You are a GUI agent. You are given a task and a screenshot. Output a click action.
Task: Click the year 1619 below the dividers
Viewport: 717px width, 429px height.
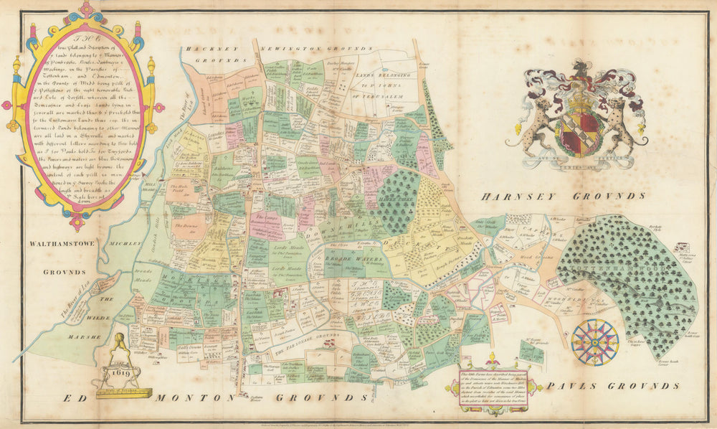pyautogui.click(x=120, y=373)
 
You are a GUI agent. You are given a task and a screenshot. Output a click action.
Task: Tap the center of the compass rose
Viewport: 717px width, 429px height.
pyautogui.click(x=595, y=342)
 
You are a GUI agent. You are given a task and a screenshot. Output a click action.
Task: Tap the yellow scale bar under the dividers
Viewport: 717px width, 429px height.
pyautogui.click(x=123, y=392)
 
